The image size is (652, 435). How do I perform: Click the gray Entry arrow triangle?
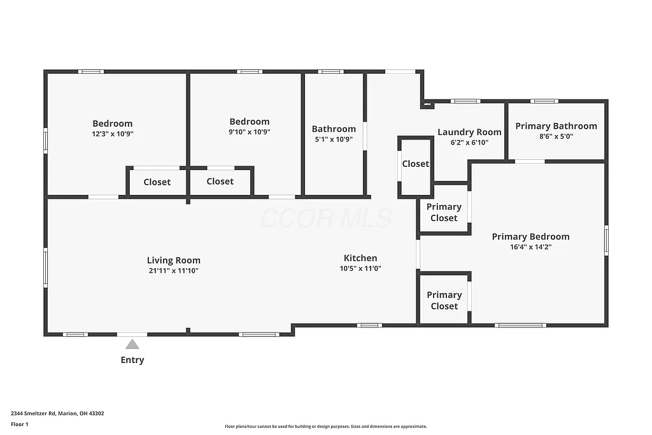pyautogui.click(x=132, y=345)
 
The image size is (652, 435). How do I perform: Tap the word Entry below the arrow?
pyautogui.click(x=132, y=360)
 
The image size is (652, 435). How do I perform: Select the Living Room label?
pyautogui.click(x=174, y=260)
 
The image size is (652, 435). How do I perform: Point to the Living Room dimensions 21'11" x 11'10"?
pyautogui.click(x=174, y=271)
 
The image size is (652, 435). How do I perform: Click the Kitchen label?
pyautogui.click(x=360, y=258)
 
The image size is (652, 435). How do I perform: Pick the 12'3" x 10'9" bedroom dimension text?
pyautogui.click(x=113, y=134)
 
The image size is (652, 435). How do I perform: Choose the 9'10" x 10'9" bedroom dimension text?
pyautogui.click(x=250, y=132)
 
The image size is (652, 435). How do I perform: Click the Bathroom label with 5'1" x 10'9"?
pyautogui.click(x=334, y=129)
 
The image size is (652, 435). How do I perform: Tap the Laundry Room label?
pyautogui.click(x=469, y=132)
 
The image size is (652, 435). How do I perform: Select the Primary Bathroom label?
pyautogui.click(x=556, y=125)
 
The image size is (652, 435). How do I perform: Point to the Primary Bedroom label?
pyautogui.click(x=530, y=236)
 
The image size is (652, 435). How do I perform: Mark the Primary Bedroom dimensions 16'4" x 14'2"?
pyautogui.click(x=530, y=247)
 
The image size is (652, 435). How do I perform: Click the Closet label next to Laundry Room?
pyautogui.click(x=415, y=164)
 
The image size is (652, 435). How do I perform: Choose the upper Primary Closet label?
pyautogui.click(x=444, y=212)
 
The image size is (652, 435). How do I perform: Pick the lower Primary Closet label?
pyautogui.click(x=444, y=300)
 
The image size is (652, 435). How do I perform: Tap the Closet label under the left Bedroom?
pyautogui.click(x=157, y=182)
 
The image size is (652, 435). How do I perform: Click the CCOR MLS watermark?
pyautogui.click(x=326, y=218)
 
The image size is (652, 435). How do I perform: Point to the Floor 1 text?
pyautogui.click(x=20, y=424)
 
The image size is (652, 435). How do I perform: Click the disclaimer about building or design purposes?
pyautogui.click(x=325, y=427)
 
